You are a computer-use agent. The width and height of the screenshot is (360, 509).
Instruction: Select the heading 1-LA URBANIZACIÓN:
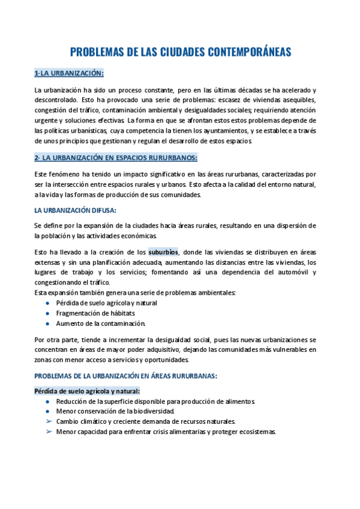point(69,73)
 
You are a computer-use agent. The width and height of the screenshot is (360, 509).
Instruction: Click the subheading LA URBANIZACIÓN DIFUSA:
point(76,210)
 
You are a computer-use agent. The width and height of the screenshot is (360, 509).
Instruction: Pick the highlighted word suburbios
point(163,252)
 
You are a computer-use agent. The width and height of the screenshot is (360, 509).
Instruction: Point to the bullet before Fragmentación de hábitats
point(48,313)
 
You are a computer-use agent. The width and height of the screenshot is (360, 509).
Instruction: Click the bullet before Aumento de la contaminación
point(48,324)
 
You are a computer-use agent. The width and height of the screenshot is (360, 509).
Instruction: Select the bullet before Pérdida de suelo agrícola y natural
point(48,303)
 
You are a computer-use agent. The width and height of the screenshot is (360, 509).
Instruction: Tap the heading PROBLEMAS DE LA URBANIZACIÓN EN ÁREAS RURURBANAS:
point(125,376)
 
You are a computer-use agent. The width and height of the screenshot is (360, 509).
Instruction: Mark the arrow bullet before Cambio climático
point(48,421)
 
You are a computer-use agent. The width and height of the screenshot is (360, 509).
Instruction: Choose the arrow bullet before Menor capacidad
point(48,432)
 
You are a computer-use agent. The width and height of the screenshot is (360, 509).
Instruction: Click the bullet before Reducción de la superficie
point(48,402)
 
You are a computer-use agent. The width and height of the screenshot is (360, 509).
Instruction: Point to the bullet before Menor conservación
point(48,412)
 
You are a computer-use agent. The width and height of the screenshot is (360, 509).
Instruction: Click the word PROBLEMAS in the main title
point(96,52)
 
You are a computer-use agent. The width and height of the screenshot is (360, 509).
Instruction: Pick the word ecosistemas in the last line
point(256,432)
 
